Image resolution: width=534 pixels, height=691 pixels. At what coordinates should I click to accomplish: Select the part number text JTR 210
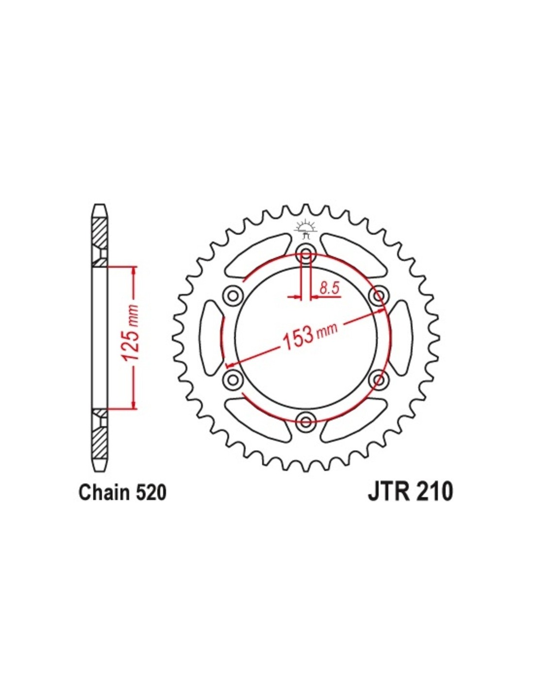[410, 501]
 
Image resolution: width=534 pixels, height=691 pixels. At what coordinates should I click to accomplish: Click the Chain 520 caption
[122, 501]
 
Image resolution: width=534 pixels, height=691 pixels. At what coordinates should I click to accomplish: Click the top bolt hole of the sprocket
[306, 254]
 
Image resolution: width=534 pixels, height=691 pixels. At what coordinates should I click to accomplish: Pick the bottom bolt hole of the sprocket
[306, 422]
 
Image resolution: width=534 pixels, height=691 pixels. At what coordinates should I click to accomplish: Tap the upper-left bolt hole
[233, 296]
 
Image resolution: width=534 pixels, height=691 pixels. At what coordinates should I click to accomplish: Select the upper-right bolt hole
[378, 296]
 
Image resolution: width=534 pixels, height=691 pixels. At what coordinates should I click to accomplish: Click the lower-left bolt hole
[233, 380]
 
